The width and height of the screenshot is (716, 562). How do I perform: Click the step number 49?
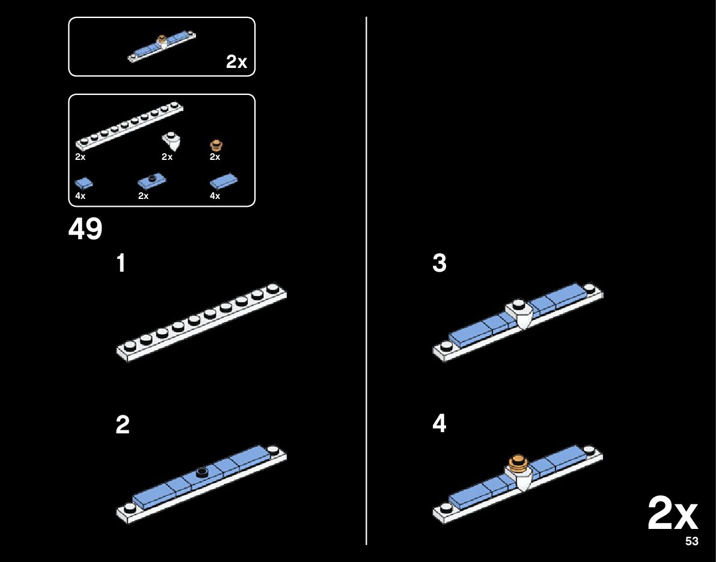coord(85,229)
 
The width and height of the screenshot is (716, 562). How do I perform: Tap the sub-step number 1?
coord(121,264)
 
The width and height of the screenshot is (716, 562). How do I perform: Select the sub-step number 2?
coord(122,425)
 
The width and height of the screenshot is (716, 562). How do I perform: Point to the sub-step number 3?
coord(439,264)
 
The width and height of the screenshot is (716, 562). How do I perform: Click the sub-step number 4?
coord(439,424)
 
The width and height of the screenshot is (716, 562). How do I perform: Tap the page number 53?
coord(691,542)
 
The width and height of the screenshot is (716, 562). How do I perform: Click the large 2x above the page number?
coord(672,515)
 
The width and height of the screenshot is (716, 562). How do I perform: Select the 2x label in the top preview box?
coord(236,62)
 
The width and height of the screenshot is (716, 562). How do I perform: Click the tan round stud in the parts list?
coord(216,145)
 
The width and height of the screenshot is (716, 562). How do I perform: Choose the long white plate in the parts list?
coord(129,126)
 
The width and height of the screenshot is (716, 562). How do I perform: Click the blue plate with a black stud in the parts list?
coord(151,180)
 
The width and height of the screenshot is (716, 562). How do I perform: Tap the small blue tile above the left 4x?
coord(84,182)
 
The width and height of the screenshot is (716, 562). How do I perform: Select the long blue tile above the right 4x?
coord(224,181)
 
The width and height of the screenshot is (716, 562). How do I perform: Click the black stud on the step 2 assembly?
coord(201,471)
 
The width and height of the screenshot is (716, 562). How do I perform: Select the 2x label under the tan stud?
coord(215,157)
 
